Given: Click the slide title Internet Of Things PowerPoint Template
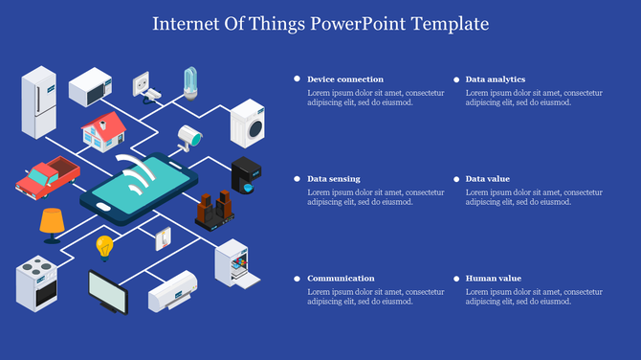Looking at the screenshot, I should click(x=320, y=22).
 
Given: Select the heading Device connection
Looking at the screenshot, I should click(x=345, y=79).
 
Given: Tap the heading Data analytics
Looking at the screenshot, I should click(x=495, y=79).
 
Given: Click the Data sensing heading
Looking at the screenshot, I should click(x=333, y=179).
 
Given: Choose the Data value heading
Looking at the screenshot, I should click(x=487, y=179).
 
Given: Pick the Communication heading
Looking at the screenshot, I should click(x=341, y=279).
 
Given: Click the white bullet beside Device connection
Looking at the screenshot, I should click(x=297, y=79).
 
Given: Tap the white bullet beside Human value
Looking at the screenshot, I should click(x=455, y=279).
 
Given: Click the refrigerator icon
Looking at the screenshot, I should click(x=39, y=101).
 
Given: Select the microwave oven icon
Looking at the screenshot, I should click(x=91, y=85).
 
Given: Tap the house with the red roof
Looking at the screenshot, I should click(x=102, y=130).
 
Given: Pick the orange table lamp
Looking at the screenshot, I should click(x=52, y=222).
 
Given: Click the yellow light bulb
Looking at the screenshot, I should click(x=103, y=248).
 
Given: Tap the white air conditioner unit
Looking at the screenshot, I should click(x=172, y=291).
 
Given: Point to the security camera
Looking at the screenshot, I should click(x=189, y=136).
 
